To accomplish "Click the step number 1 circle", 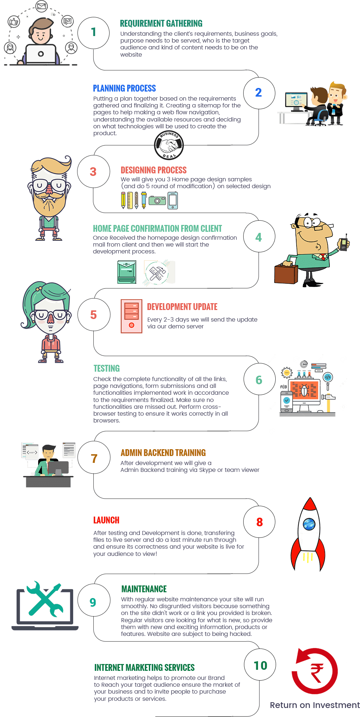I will tap(93, 32).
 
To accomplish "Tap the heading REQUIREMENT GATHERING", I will tap(161, 24).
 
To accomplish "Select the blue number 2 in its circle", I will tap(258, 93).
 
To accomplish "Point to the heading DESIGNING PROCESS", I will tap(154, 170).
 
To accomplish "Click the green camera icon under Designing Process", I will tap(157, 200).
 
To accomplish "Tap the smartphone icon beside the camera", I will tap(173, 200).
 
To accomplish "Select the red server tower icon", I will tap(132, 316).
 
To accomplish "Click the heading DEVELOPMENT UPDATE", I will tap(182, 307).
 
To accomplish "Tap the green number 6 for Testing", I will tap(259, 380).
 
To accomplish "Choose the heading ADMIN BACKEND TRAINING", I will tap(163, 453).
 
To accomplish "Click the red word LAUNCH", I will tap(106, 520).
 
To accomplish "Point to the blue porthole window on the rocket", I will tap(309, 524).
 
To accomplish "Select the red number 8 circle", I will tap(259, 522).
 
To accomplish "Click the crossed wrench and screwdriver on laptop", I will tap(45, 599).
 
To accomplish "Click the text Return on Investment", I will tap(315, 705).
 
